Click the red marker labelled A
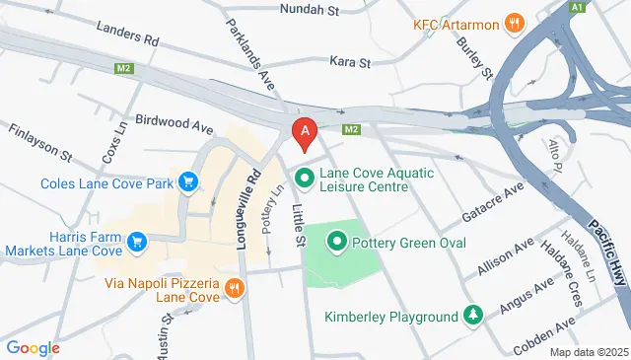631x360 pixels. pyautogui.click(x=306, y=132)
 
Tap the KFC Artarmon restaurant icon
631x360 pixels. pyautogui.click(x=513, y=24)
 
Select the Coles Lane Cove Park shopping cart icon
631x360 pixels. pyautogui.click(x=188, y=181)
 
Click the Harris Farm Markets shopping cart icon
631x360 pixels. pyautogui.click(x=137, y=240)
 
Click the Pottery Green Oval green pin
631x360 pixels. pyautogui.click(x=336, y=241)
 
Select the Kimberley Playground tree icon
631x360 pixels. pyautogui.click(x=473, y=316)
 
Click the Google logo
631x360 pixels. pyautogui.click(x=33, y=347)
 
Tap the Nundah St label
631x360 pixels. pyautogui.click(x=309, y=10)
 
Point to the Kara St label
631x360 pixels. pyautogui.click(x=349, y=61)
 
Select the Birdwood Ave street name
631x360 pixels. pyautogui.click(x=174, y=127)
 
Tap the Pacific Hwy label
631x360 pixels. pyautogui.click(x=602, y=251)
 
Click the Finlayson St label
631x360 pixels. pyautogui.click(x=40, y=142)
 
